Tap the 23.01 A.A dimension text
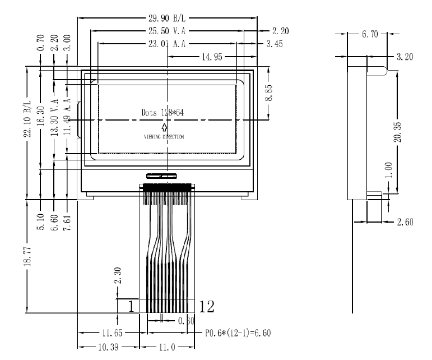[166, 44]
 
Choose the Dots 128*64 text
[163, 112]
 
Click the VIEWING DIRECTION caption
[164, 136]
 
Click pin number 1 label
[131, 306]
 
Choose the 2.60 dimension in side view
[405, 223]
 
